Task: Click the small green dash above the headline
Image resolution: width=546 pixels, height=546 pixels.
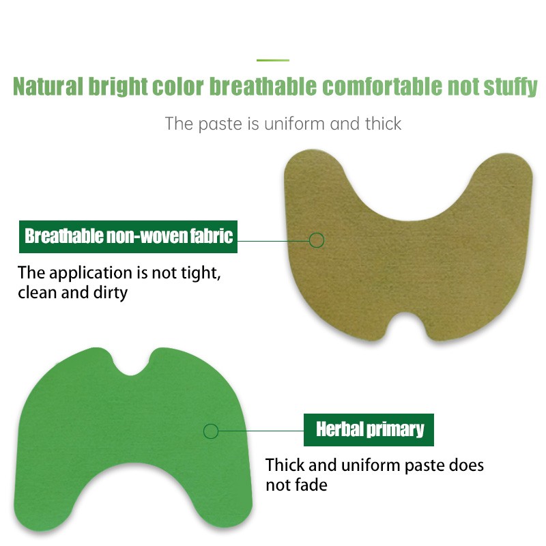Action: (x=272, y=60)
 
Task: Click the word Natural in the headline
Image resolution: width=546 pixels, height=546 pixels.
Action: (x=47, y=87)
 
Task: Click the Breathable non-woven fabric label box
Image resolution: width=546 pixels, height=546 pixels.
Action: (x=128, y=237)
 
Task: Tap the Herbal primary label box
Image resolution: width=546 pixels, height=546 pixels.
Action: (x=369, y=429)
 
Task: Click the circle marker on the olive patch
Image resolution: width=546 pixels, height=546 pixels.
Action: (x=316, y=240)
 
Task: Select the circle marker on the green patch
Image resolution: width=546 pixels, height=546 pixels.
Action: (x=211, y=431)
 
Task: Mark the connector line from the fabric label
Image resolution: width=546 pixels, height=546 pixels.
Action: (x=273, y=240)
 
